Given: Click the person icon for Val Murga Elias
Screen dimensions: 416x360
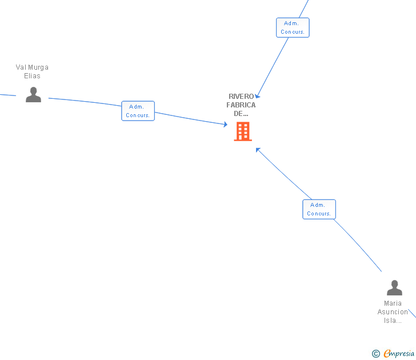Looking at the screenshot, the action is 34,95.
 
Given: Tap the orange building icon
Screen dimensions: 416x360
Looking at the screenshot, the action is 243,131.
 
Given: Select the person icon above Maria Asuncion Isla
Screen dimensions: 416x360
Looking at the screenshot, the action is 394,287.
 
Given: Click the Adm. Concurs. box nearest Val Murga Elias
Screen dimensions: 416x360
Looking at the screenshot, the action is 138,111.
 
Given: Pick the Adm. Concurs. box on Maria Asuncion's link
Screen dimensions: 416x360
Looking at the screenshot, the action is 319,209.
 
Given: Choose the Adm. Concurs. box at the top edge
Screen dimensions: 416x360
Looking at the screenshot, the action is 293,27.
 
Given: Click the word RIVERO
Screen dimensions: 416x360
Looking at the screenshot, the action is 241,97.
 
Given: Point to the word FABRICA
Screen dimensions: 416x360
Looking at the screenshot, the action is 241,105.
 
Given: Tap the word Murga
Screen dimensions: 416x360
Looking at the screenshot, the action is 39,67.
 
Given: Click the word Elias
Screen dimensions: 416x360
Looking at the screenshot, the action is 32,76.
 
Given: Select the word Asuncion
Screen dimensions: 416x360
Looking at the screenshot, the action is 393,312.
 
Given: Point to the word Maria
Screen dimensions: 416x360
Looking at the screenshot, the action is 393,303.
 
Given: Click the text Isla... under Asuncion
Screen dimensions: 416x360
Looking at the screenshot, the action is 393,321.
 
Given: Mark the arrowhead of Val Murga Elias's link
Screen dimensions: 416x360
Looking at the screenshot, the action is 226,125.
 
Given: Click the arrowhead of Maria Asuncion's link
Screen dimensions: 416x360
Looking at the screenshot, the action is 258,150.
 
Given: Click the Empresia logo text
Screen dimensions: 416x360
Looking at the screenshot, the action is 399,354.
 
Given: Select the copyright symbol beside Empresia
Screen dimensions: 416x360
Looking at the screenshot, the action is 376,354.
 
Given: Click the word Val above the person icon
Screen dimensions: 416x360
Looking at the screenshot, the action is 21,67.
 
